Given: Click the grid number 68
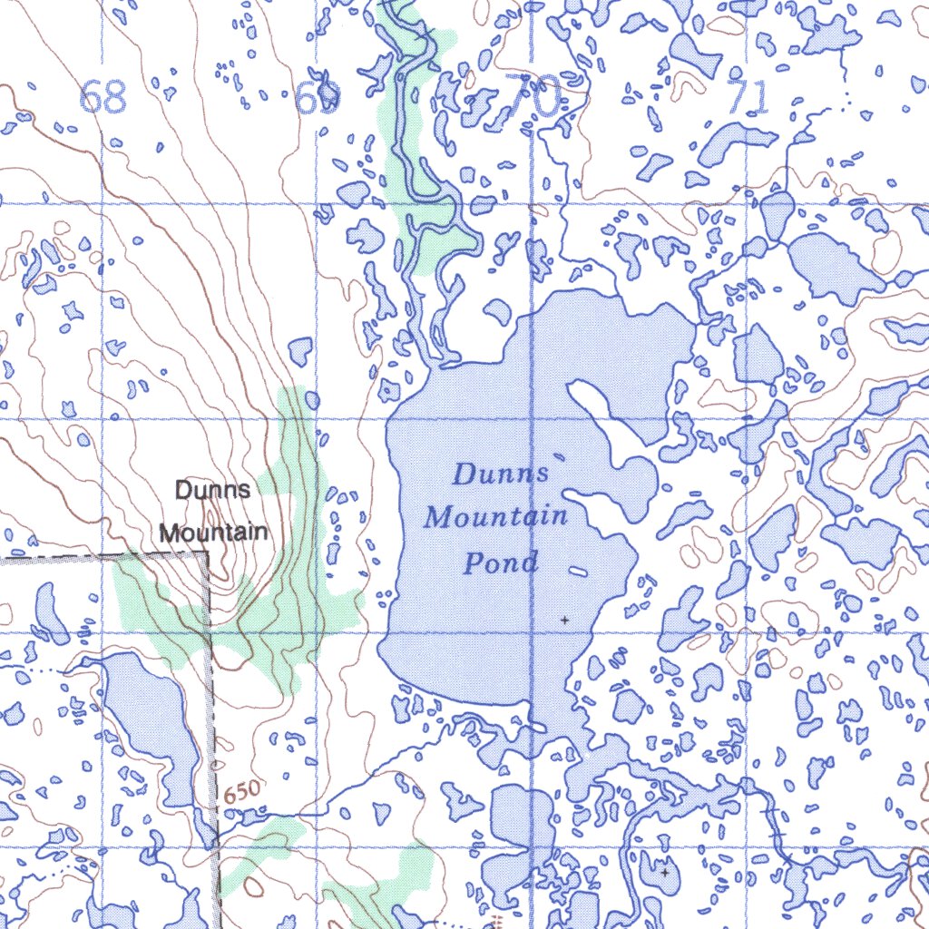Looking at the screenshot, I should [x=103, y=97].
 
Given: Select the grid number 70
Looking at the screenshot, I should [x=533, y=96].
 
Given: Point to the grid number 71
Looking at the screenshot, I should [x=747, y=97].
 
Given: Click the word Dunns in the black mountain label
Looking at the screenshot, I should [x=212, y=491].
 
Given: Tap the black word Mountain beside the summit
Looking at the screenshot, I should [x=214, y=532].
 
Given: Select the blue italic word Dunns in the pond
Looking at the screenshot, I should [x=502, y=474].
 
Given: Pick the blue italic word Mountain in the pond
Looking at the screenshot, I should [x=496, y=517].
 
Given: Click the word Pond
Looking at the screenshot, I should [x=501, y=562].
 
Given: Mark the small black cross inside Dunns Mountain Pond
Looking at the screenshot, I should [x=564, y=620].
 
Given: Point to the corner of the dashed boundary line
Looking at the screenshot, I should [x=208, y=553].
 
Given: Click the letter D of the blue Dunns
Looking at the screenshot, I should [x=464, y=474].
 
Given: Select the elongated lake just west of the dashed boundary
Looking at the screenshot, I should [x=150, y=717].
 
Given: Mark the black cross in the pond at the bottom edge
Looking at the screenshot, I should [x=664, y=872].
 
